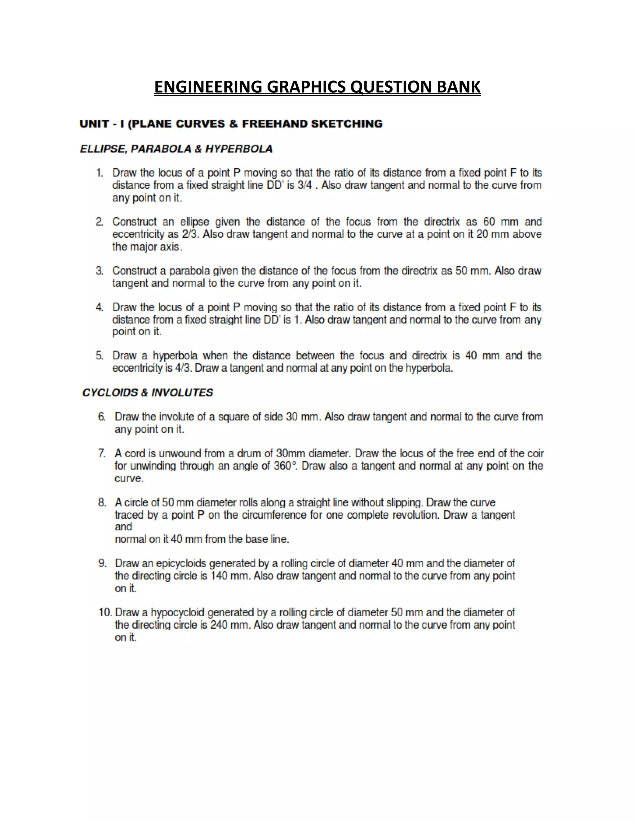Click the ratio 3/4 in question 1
[305, 185]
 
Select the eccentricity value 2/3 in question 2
[190, 235]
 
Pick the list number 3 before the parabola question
[99, 270]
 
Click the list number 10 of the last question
[105, 612]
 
